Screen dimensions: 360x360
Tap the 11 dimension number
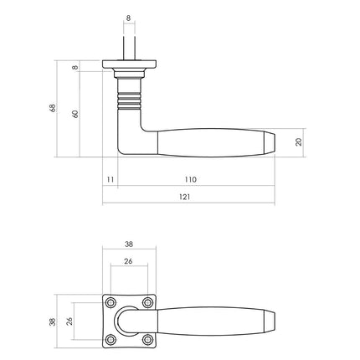[110, 179]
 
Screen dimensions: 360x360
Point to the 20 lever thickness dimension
[299, 141]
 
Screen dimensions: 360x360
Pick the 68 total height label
[52, 108]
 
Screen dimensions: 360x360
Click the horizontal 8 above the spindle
[127, 16]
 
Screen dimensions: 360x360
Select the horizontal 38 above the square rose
[128, 244]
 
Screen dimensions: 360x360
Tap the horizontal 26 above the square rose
[128, 261]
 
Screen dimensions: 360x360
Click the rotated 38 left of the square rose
[52, 322]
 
